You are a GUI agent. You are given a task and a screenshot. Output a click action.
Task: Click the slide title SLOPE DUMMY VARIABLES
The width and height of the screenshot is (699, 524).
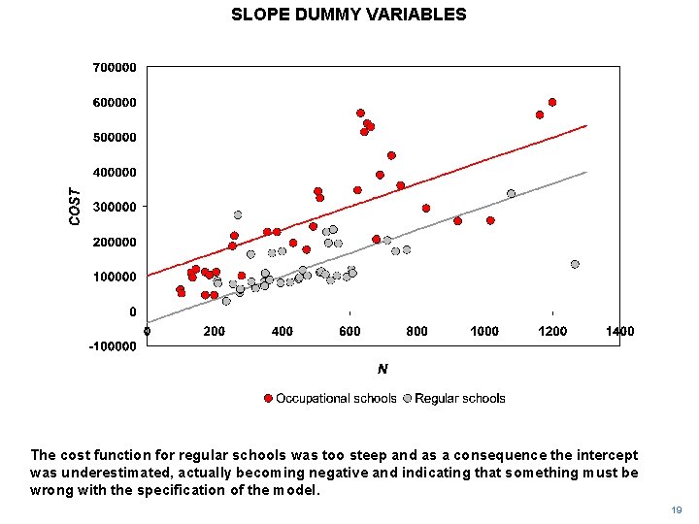349,15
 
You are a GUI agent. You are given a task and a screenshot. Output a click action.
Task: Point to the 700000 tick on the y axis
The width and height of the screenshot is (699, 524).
115,68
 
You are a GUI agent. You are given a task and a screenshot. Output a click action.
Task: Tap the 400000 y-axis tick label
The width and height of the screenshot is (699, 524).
115,172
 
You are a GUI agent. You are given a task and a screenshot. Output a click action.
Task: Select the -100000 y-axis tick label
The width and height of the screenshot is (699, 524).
113,346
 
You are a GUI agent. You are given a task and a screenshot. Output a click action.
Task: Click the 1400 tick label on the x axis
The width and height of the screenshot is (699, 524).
619,332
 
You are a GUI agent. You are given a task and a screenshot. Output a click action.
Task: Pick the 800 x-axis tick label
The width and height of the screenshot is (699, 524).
416,332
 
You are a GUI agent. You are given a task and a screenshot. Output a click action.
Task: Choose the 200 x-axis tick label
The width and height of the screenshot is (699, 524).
214,332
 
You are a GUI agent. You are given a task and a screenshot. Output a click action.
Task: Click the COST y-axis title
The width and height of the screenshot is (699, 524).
75,207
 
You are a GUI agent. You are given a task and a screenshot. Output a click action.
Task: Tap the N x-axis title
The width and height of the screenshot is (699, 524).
383,369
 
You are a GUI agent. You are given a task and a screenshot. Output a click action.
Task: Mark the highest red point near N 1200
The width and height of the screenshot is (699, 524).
552,102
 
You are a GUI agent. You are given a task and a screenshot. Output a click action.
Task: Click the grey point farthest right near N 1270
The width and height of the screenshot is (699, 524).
575,264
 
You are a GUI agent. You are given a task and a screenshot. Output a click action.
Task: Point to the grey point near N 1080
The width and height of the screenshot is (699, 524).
512,193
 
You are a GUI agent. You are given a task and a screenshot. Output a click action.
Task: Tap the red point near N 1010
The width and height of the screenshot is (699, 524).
490,220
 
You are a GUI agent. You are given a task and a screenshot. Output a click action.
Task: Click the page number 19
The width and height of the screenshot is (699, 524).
676,509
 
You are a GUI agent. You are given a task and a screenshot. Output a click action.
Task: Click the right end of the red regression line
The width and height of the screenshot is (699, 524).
586,125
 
